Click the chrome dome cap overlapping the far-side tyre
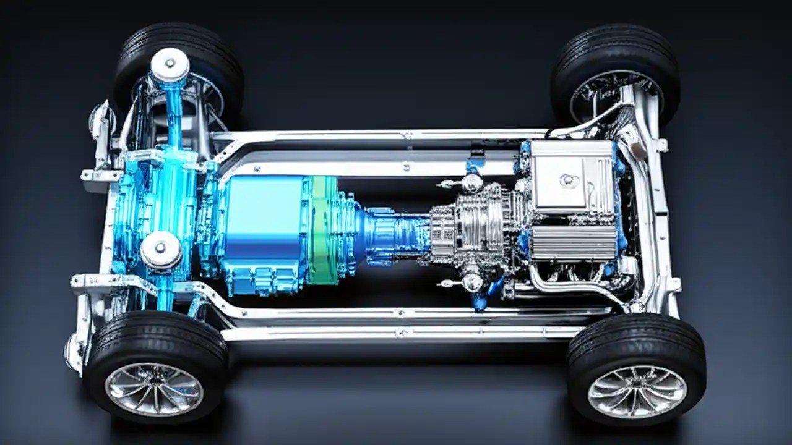(170, 64)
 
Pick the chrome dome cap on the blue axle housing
(161, 251)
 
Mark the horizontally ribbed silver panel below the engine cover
(572, 242)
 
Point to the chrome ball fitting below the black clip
(471, 183)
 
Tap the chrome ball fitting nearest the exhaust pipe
(471, 282)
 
